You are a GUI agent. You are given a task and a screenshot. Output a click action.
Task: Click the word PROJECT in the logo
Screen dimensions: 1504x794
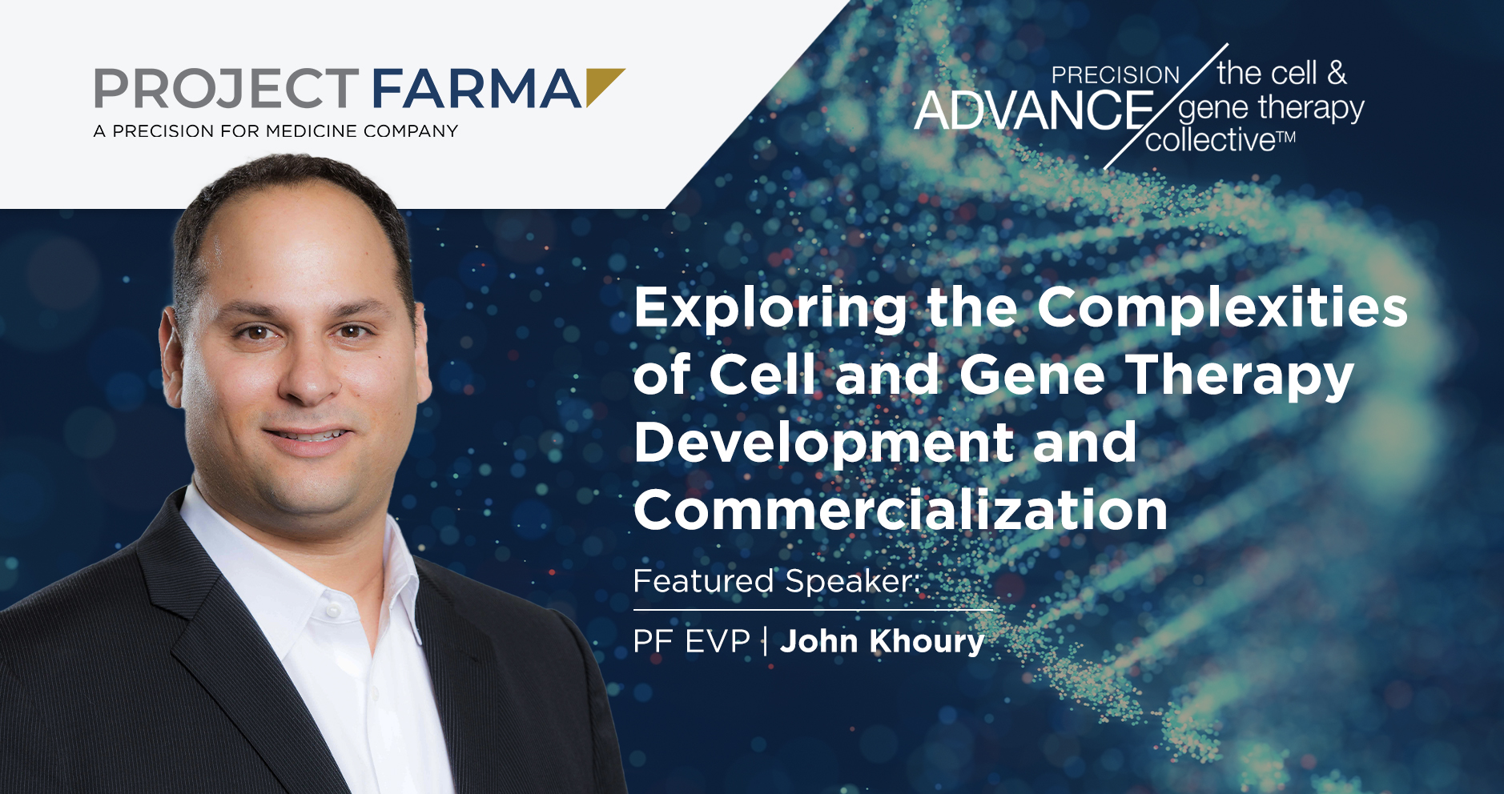(227, 88)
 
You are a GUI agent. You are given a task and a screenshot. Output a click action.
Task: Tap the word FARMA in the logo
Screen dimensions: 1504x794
(477, 88)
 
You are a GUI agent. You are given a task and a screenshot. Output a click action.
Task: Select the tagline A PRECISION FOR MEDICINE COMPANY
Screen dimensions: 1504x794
(275, 131)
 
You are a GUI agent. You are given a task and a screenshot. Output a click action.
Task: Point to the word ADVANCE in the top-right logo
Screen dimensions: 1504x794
(1034, 110)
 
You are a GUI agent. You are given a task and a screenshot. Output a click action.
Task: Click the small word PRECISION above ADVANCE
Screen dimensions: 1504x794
(1116, 74)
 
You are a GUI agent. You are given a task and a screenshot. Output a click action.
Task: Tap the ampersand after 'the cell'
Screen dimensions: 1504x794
(1337, 73)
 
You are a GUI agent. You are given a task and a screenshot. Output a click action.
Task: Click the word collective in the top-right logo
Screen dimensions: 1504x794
(1210, 140)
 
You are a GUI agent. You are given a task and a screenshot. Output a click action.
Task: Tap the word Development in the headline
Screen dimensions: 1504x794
(824, 443)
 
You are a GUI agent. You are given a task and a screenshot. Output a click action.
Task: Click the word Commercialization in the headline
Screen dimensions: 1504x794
(901, 511)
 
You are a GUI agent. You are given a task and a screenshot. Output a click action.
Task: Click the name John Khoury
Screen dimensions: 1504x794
(882, 641)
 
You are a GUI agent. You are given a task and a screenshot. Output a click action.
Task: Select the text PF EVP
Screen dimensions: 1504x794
(691, 641)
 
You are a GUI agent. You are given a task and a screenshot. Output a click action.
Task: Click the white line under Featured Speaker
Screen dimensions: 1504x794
(813, 610)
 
